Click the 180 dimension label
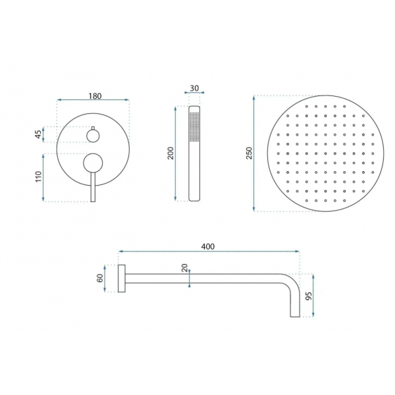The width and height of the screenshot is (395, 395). pos(95,96)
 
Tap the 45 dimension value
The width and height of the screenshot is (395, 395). pos(38,134)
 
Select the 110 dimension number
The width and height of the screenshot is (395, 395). pos(38,176)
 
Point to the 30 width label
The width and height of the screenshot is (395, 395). pos(194,88)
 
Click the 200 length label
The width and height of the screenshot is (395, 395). pos(171,153)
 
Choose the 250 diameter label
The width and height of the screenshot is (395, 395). pos(249,153)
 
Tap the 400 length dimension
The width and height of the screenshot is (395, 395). pos(208,246)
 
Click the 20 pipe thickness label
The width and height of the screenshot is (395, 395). pos(185,268)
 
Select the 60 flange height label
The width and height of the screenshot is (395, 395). pos(100,278)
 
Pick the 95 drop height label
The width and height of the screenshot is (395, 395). pos(308,296)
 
